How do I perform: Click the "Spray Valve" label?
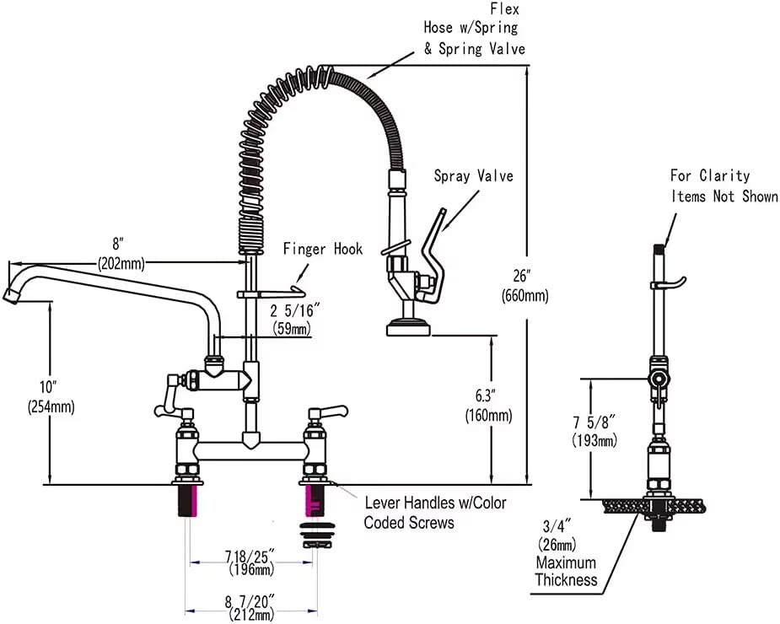pyautogui.click(x=473, y=175)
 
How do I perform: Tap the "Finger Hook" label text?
pyautogui.click(x=323, y=248)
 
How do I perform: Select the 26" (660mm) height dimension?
pyautogui.click(x=524, y=285)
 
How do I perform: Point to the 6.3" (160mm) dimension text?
pyautogui.click(x=488, y=406)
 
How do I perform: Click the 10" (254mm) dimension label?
pyautogui.click(x=51, y=396)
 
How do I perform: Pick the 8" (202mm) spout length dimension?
pyautogui.click(x=121, y=253)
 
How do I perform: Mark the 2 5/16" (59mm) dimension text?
pyautogui.click(x=292, y=319)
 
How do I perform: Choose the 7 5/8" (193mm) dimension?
pyautogui.click(x=594, y=431)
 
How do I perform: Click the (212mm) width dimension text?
pyautogui.click(x=252, y=615)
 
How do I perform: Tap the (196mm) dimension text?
pyautogui.click(x=251, y=569)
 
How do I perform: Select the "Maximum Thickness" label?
pyautogui.click(x=566, y=571)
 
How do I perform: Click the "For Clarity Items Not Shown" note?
pyautogui.click(x=724, y=186)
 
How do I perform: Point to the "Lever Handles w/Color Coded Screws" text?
pyautogui.click(x=435, y=513)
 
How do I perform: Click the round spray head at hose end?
pyautogui.click(x=409, y=328)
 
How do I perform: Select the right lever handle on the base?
pyautogui.click(x=328, y=412)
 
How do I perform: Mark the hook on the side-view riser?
pyautogui.click(x=669, y=283)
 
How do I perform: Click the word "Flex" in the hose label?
pyautogui.click(x=504, y=8)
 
